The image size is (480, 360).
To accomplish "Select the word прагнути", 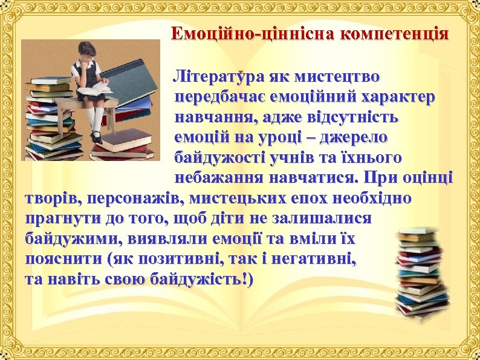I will [x=57, y=219].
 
